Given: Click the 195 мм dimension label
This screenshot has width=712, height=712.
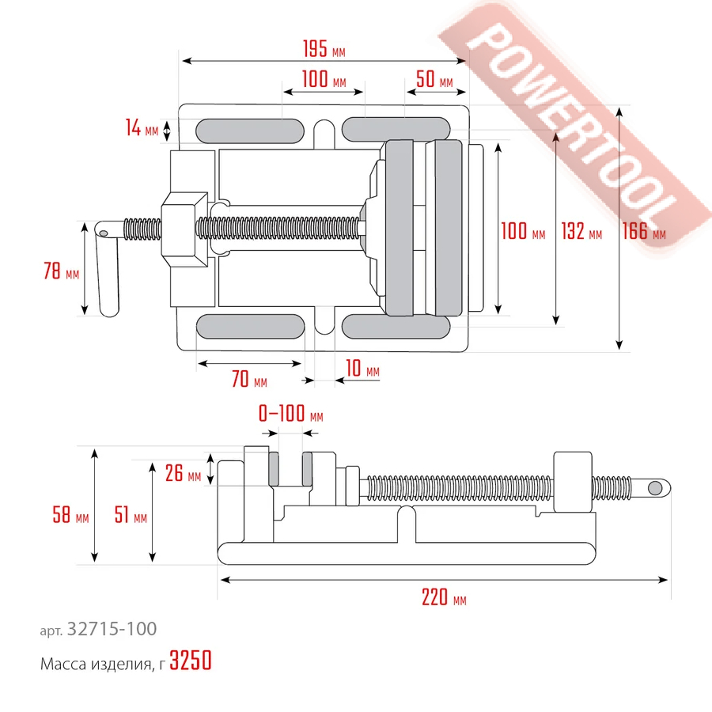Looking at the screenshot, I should pyautogui.click(x=324, y=49).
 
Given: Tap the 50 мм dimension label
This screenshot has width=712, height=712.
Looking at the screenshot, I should pyautogui.click(x=434, y=81).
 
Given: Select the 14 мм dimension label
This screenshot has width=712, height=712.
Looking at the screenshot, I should pyautogui.click(x=142, y=127).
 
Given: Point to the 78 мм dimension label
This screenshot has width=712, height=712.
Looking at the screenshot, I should pyautogui.click(x=61, y=272).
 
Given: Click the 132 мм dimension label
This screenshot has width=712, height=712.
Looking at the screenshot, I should pyautogui.click(x=581, y=232).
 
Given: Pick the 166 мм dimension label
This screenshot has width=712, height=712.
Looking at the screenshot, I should pyautogui.click(x=643, y=232).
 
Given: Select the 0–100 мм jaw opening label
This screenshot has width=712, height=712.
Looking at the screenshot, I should pyautogui.click(x=290, y=415).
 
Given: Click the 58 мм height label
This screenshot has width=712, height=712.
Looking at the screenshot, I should pyautogui.click(x=70, y=517).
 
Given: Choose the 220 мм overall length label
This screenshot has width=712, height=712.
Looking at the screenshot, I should pyautogui.click(x=444, y=598).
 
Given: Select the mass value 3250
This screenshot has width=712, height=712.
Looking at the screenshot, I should pyautogui.click(x=191, y=662).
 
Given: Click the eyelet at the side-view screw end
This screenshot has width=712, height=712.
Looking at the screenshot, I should pyautogui.click(x=656, y=487).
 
